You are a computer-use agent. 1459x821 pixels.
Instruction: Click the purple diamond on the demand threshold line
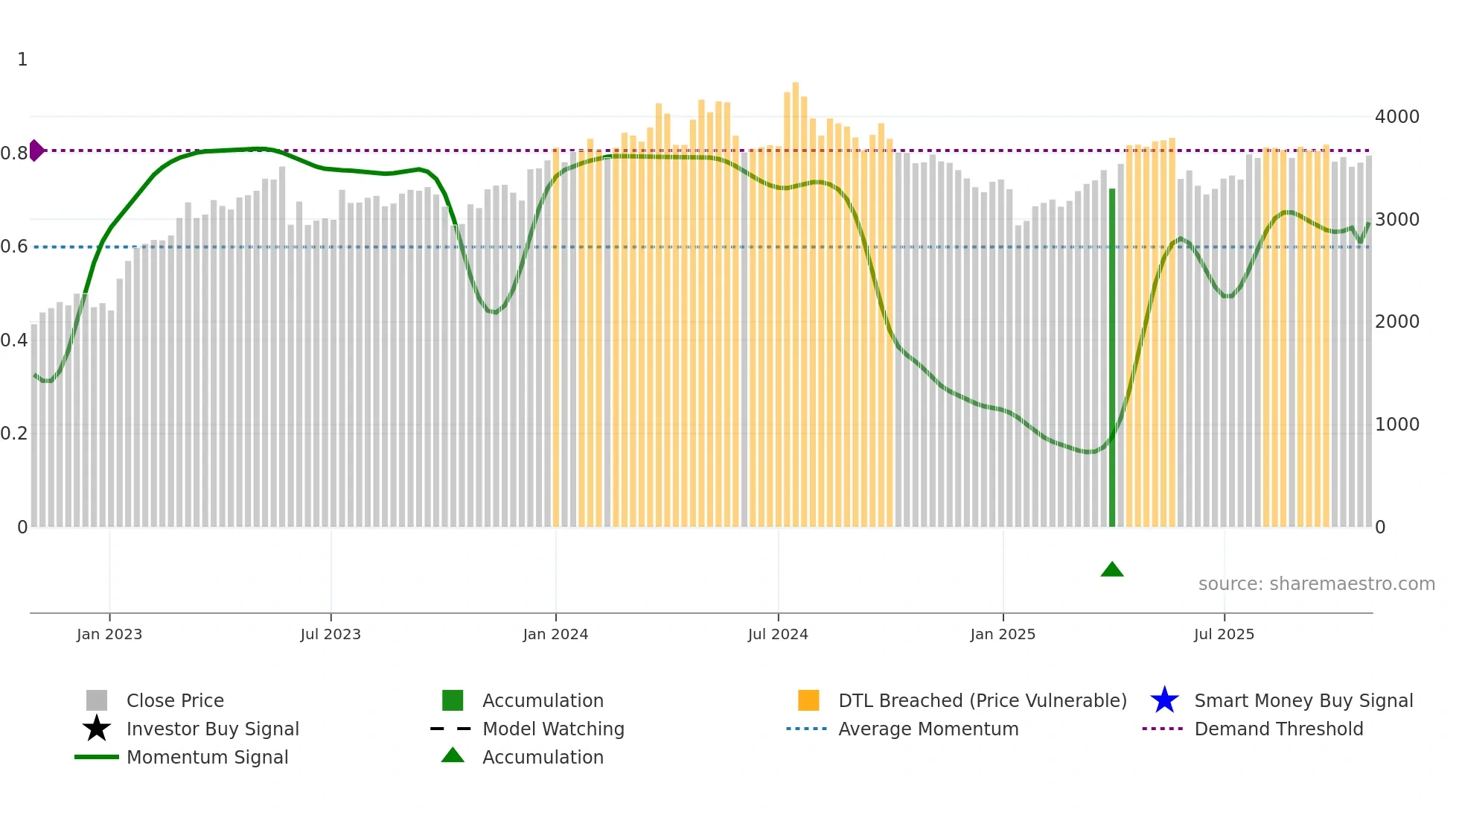pos(36,150)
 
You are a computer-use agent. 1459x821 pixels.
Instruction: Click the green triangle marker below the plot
pos(1111,570)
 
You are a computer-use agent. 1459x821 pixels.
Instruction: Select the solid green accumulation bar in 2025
pos(1112,358)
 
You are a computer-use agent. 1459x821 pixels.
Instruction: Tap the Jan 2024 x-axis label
pos(555,634)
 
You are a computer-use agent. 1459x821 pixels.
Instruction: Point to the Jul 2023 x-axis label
pos(331,634)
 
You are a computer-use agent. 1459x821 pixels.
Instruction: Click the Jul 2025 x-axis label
pos(1224,634)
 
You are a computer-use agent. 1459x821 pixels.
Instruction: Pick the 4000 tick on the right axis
pos(1396,117)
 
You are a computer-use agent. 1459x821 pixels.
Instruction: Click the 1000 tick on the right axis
pos(1396,425)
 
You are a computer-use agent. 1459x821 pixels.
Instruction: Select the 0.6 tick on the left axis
pos(14,247)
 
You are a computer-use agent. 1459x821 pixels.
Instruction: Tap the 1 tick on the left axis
pos(22,60)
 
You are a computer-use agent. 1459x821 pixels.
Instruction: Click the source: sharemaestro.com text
pos(1316,584)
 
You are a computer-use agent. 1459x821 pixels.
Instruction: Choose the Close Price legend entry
pos(175,700)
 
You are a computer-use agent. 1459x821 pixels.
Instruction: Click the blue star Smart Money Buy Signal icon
pos(1164,700)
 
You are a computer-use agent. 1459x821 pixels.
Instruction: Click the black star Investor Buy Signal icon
pos(97,729)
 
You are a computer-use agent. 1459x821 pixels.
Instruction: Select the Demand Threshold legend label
pos(1278,729)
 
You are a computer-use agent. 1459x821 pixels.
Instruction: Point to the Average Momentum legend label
pos(928,729)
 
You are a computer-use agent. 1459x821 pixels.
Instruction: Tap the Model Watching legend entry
pos(553,729)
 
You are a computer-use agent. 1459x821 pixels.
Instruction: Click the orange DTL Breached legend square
pos(808,700)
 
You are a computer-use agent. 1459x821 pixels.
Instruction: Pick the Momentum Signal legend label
pos(207,757)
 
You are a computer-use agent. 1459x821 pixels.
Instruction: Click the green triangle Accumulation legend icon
pos(453,755)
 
